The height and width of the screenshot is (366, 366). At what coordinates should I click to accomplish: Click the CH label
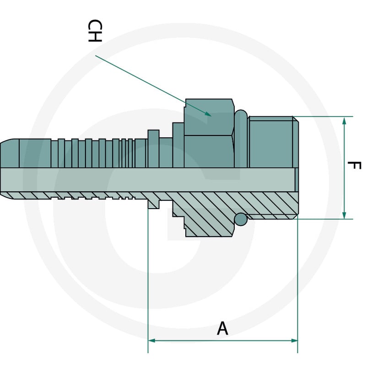coord(95,31)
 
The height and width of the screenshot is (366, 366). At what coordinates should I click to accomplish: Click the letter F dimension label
coord(354,166)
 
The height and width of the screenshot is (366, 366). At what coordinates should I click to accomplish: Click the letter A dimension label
coord(222,328)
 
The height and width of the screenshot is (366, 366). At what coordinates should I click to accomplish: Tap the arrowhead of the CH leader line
coord(208,114)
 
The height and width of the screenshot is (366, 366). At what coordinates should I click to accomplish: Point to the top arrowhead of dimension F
coord(344,121)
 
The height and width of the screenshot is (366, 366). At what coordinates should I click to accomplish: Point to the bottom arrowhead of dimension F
coord(344,214)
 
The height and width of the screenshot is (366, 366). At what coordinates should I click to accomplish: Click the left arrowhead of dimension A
coord(152,340)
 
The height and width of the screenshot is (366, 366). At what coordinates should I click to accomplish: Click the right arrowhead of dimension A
coord(294,340)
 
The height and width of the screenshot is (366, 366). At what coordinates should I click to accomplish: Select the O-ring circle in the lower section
coord(241,220)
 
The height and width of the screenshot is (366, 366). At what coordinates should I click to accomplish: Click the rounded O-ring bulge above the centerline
coord(241,139)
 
